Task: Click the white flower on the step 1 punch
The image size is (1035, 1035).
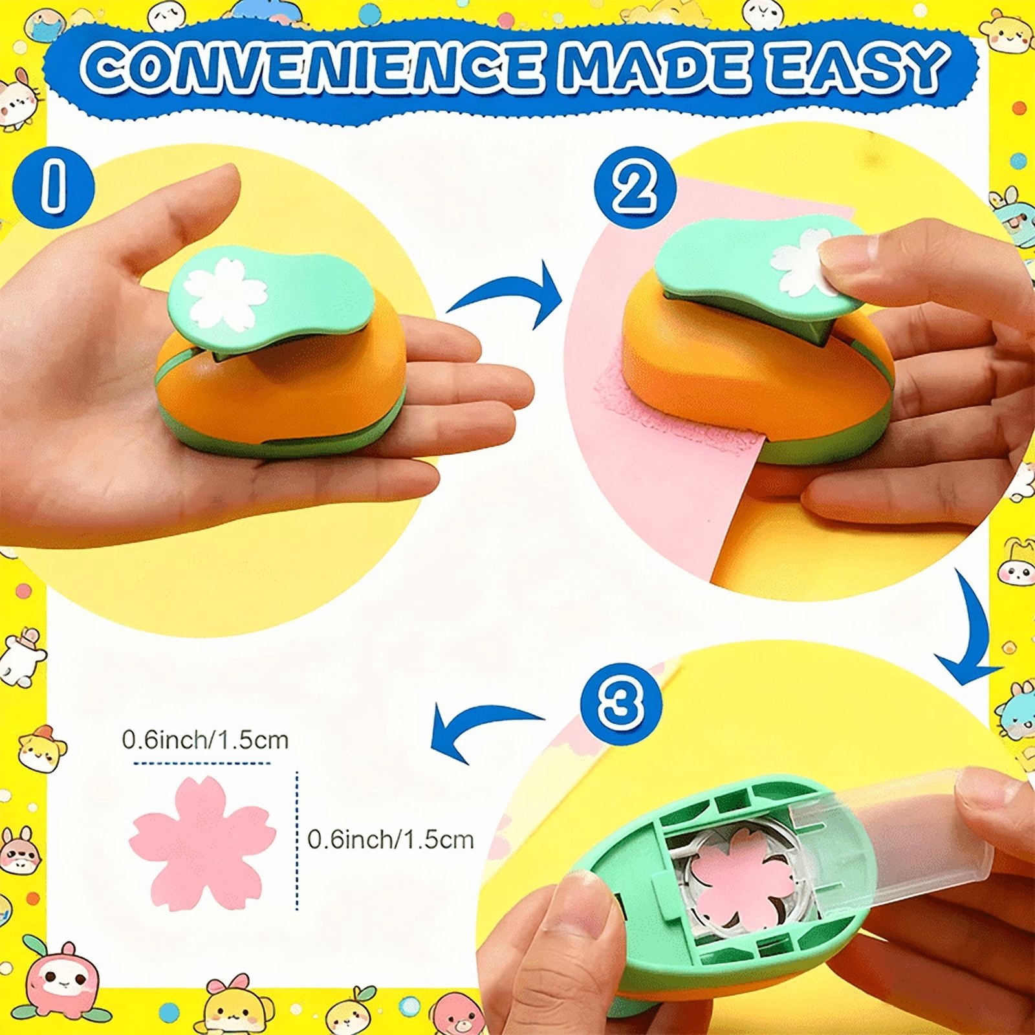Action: pos(227,292)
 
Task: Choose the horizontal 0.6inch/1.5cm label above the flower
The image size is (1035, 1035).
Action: pos(205,739)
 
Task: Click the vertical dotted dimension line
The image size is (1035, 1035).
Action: pos(297,841)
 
